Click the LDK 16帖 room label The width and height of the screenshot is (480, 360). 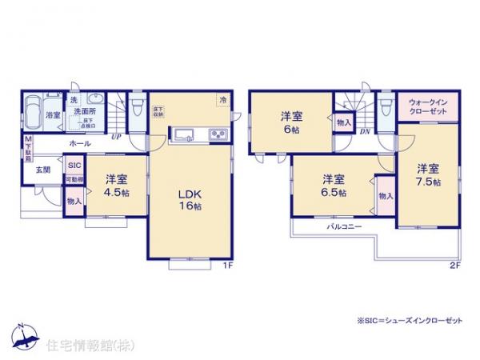[188, 199]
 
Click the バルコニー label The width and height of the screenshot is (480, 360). [345, 227]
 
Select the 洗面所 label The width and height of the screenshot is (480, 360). [86, 113]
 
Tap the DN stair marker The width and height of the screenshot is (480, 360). [364, 130]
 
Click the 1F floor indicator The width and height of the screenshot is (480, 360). [226, 265]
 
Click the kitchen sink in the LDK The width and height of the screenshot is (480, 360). [182, 134]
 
